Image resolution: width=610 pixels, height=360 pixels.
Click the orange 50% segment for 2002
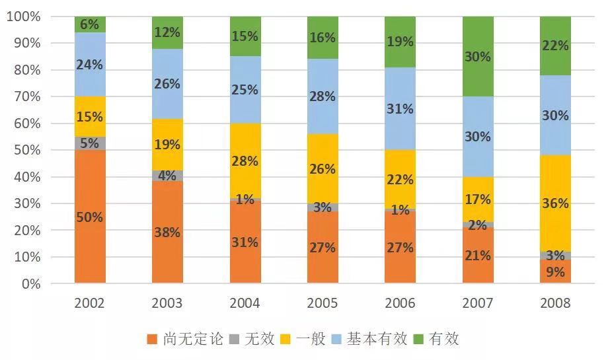pos(90,217)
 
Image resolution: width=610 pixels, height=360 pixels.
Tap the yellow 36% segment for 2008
pos(555,203)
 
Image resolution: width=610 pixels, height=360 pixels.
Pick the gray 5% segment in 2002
pos(90,143)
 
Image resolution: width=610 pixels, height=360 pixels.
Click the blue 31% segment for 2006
pos(400,108)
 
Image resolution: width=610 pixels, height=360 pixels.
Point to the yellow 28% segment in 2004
pos(245,161)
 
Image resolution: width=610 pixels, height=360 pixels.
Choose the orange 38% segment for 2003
pos(167,233)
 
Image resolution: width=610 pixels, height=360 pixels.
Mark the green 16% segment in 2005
pos(323,38)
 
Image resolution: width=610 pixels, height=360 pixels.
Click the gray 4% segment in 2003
pos(167,176)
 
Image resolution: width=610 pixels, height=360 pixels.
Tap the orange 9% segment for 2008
pos(555,271)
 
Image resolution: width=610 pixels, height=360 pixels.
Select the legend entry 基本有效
pos(365,340)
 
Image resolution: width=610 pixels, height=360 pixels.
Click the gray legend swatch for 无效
pos(232,340)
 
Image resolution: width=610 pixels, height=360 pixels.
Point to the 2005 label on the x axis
pos(323,303)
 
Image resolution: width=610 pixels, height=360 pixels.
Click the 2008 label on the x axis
pos(555,303)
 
